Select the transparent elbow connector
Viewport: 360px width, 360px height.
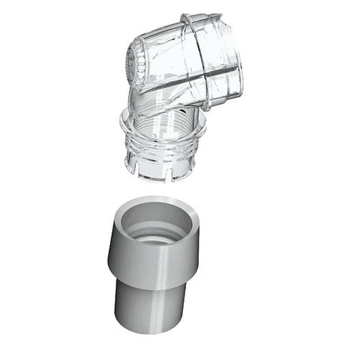(180, 82)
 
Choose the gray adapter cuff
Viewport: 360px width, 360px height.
(155, 262)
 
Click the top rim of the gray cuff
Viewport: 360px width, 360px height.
(156, 203)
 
